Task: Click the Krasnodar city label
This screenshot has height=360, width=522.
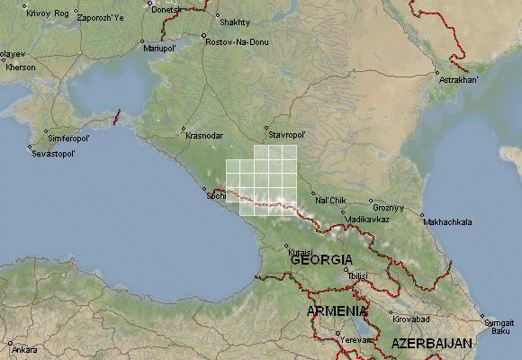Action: pos(204,135)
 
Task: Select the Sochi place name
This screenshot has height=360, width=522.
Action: pos(217,195)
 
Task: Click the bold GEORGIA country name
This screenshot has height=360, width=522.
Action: pos(321,259)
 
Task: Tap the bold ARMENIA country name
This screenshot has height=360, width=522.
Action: pos(337,310)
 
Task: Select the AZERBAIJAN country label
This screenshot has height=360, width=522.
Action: pos(432,345)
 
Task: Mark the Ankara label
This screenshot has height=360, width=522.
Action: pos(25,349)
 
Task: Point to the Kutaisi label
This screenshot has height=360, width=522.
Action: pos(300,252)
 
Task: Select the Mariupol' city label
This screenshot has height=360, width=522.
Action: pos(160,49)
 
